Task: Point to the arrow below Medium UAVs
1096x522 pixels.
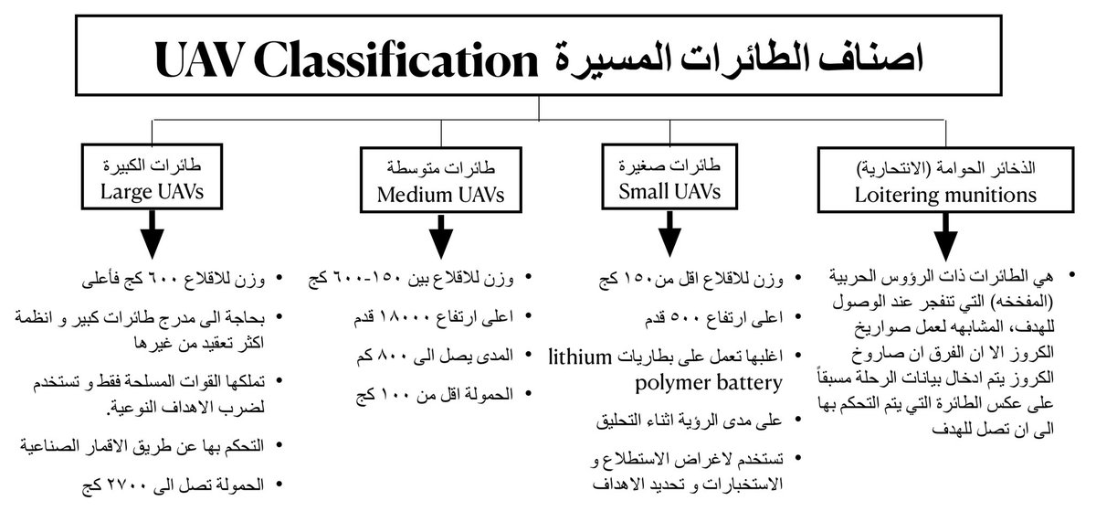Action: tap(442, 235)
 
